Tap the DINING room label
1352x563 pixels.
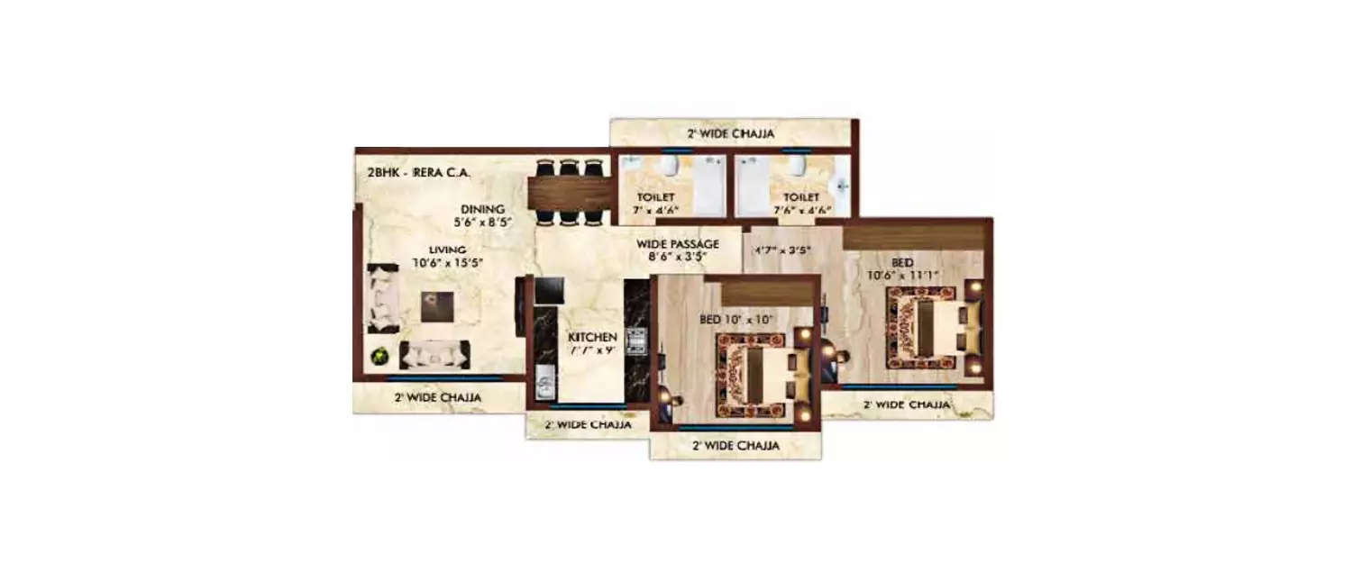coord(483,209)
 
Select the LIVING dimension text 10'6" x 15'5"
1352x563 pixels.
coord(448,263)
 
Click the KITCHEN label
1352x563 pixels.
coord(592,337)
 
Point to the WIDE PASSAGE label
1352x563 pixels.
coord(677,243)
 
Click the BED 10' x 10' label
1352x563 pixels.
coord(737,319)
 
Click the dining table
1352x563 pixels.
coord(568,192)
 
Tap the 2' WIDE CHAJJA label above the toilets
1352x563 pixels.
coord(731,134)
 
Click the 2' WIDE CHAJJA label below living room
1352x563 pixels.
coord(436,396)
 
